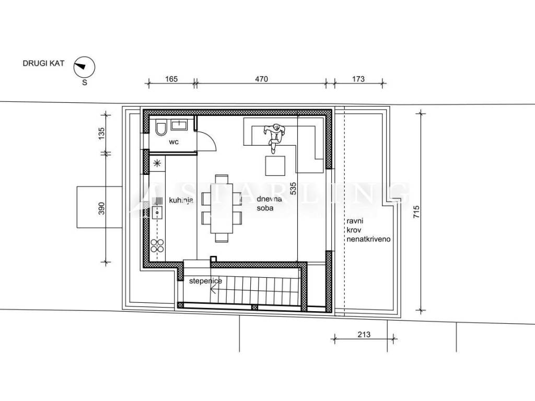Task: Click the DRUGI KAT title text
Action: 43,63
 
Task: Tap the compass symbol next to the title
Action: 84,67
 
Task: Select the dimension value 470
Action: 261,79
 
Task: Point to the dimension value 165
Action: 171,79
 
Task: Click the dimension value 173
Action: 358,79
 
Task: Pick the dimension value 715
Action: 416,212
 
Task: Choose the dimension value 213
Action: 364,335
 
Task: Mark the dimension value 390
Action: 101,208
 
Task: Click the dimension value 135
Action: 101,133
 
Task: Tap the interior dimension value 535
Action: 293,188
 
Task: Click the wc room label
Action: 173,142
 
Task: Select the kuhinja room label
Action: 181,200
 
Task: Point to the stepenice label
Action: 205,281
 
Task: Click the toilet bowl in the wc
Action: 160,128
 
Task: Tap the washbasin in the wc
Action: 179,125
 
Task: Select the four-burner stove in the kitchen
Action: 157,245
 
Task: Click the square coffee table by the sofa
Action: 275,166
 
